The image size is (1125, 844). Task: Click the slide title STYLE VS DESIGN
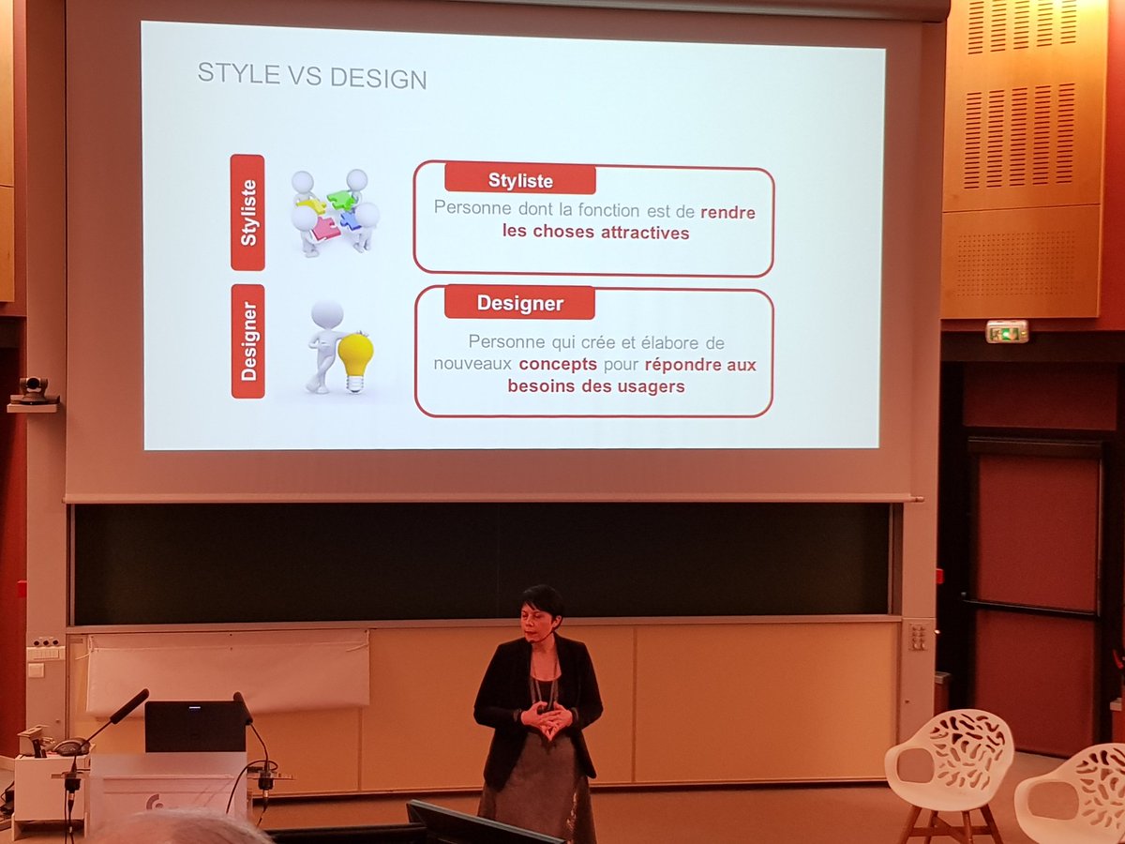tap(311, 75)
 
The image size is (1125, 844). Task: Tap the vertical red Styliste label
tap(247, 212)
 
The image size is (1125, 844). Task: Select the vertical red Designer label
tap(247, 341)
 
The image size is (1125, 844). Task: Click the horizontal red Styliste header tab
tap(520, 179)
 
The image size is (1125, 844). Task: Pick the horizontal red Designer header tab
tap(519, 303)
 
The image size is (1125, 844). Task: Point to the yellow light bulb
tap(355, 357)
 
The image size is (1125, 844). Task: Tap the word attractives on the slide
tap(637, 233)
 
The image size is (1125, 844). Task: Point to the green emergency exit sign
tap(1007, 331)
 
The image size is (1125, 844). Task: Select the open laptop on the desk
tap(195, 727)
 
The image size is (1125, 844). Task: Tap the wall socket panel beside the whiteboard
tap(917, 637)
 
